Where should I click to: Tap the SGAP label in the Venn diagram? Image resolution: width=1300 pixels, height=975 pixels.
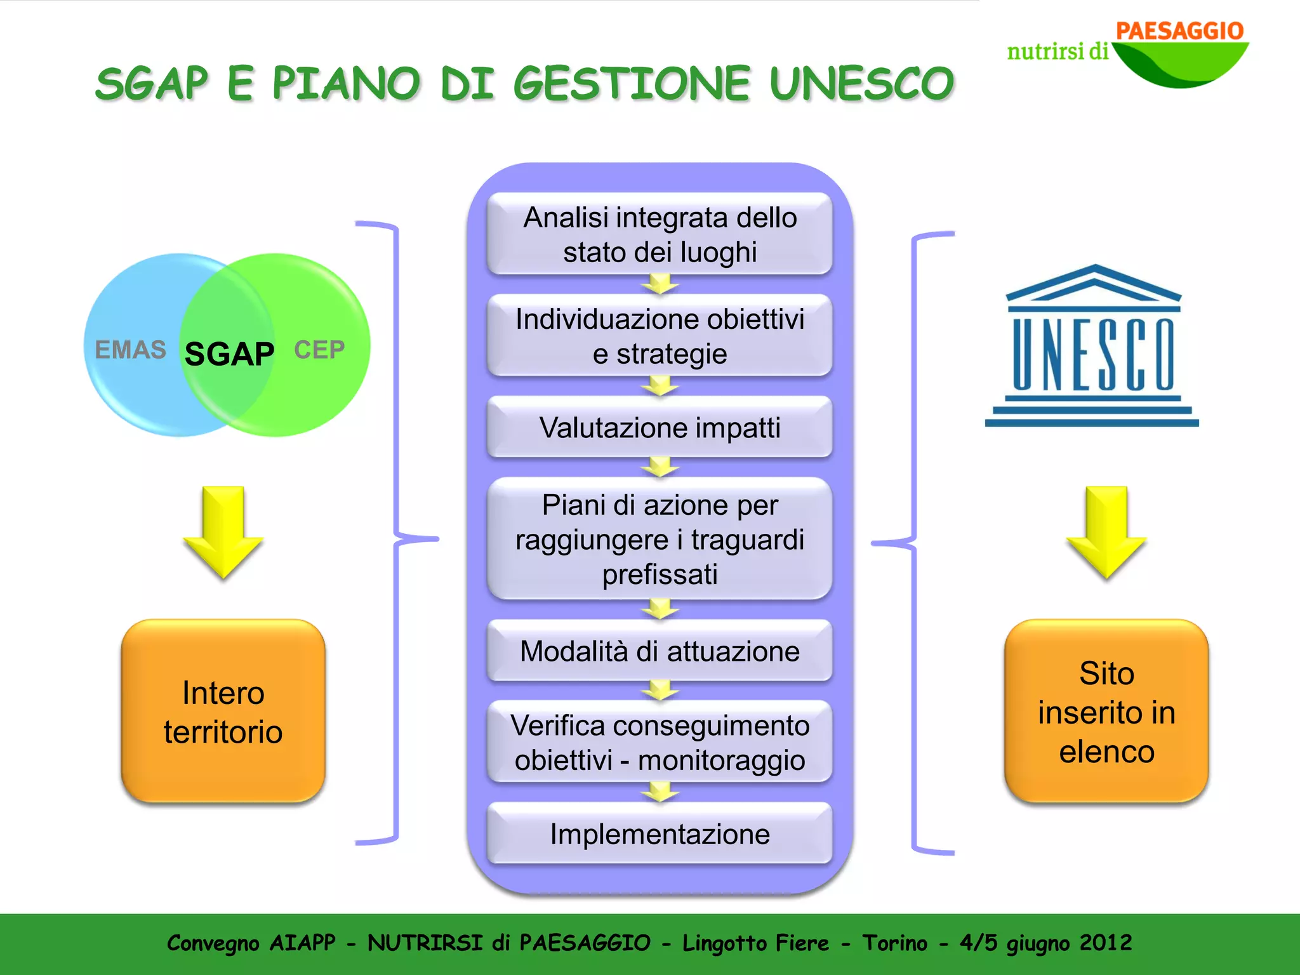point(229,354)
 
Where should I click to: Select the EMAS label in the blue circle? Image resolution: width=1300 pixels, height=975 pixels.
point(130,350)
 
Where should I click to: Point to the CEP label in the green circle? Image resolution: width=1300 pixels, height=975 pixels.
point(319,350)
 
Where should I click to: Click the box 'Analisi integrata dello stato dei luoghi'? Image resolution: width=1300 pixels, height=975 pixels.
point(660,234)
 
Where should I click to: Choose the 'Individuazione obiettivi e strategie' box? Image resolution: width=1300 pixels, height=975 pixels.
point(660,336)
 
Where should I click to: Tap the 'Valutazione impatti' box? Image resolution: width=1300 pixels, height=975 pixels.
point(660,427)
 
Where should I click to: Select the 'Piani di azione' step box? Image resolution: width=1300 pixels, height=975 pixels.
point(660,539)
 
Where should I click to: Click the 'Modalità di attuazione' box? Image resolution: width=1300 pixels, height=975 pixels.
point(660,651)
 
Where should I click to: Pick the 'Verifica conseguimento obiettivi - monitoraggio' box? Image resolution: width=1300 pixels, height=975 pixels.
point(660,742)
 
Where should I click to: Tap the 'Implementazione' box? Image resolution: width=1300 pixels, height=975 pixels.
point(660,833)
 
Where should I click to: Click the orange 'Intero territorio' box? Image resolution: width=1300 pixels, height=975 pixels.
point(223,712)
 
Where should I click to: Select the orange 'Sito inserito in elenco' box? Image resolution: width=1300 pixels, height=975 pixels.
point(1106,712)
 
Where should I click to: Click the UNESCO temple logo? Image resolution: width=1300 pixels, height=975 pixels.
point(1092,346)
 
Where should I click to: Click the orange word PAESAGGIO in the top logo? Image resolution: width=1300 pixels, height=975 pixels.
point(1179,30)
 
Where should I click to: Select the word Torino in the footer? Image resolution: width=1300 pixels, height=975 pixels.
point(894,943)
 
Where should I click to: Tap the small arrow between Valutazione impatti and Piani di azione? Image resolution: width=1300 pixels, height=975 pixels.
point(660,467)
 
